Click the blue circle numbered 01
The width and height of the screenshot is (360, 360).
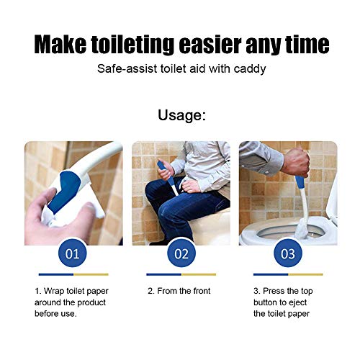coord(73,253)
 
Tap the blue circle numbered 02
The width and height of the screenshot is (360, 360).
coord(181,253)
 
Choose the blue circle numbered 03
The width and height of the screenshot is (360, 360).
coord(287,253)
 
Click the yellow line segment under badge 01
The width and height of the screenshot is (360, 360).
coord(91,274)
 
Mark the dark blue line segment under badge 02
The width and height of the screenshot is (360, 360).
coord(163,274)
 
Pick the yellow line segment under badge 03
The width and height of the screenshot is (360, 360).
coord(305,274)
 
